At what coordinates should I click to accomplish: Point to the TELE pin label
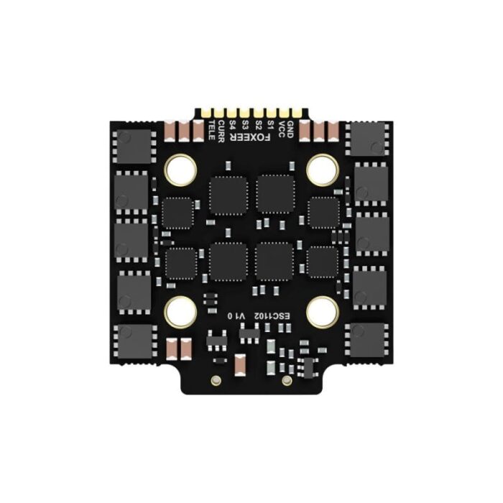coord(211,130)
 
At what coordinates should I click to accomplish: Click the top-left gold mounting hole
coord(180,170)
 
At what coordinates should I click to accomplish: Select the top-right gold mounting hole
coord(323,170)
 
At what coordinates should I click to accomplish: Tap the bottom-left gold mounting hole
coord(180,312)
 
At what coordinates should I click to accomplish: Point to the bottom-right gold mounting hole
coord(323,312)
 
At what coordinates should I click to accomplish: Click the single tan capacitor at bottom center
coord(241,364)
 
